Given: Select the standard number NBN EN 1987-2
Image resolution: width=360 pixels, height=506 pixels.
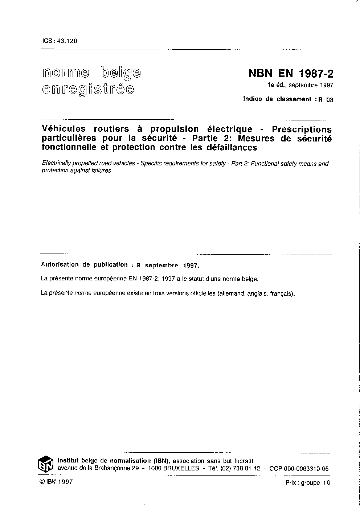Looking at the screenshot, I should tap(290, 74).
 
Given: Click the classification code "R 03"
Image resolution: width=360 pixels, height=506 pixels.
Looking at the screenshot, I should tap(325, 100).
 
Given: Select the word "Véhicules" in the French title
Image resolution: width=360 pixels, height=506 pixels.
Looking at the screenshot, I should tap(64, 129).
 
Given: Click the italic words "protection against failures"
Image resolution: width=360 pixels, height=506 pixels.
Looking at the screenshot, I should tap(76, 170).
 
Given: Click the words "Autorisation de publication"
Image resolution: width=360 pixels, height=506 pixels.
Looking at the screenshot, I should tap(85, 265).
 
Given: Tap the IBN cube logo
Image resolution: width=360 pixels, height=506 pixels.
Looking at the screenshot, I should tap(46, 465).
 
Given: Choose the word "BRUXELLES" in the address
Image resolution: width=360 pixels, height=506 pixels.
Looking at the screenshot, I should tap(181, 468).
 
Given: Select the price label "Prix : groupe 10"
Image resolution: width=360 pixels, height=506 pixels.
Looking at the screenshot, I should tap(308, 482).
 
